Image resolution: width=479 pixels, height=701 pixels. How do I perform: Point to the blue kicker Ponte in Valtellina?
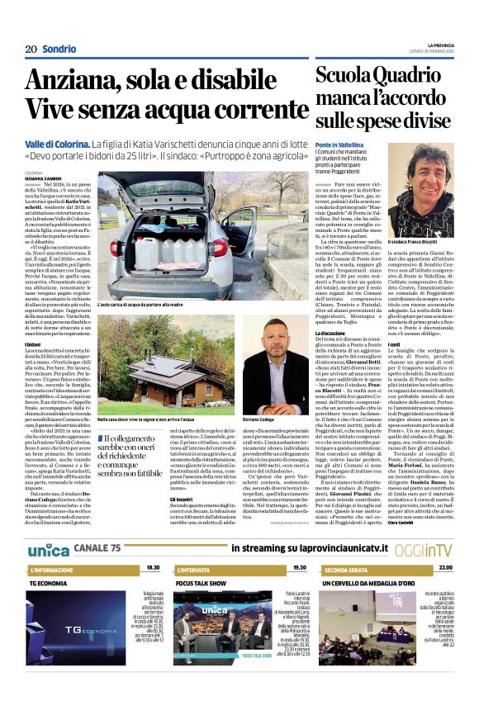pyautogui.click(x=339, y=144)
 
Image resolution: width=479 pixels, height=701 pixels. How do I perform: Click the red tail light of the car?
pyautogui.click(x=220, y=247)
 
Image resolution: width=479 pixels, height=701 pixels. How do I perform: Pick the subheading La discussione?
pyautogui.click(x=333, y=332)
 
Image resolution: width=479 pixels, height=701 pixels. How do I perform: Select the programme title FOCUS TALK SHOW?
pyautogui.click(x=202, y=582)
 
